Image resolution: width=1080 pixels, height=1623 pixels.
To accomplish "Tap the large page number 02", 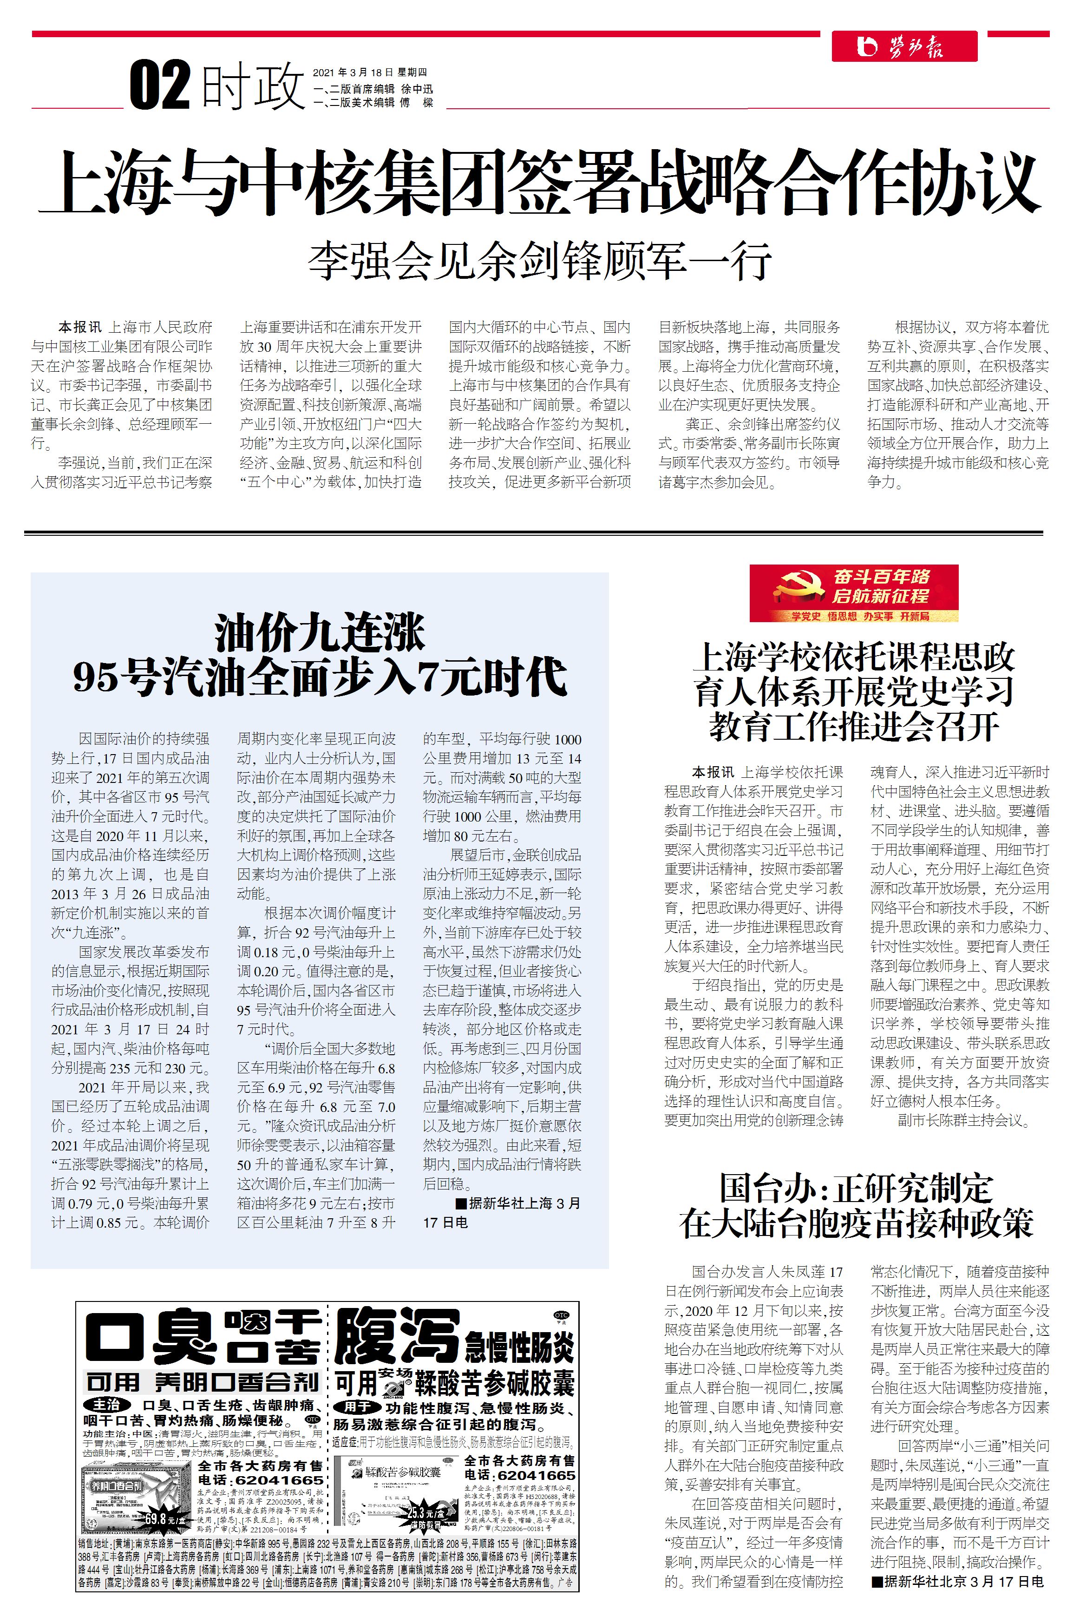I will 160,85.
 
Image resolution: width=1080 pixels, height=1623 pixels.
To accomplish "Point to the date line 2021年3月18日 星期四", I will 370,72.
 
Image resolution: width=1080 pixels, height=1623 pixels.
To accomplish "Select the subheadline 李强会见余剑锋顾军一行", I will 539,261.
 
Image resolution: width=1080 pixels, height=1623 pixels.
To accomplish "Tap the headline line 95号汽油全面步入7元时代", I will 320,677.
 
